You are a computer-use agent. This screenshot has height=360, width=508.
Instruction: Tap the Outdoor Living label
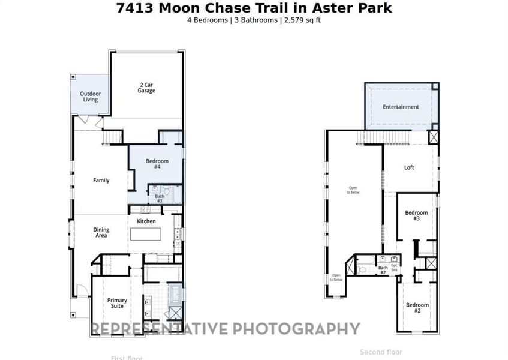90,97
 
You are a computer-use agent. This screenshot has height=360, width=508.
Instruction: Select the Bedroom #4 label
157,164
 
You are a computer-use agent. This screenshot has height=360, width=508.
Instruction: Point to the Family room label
101,180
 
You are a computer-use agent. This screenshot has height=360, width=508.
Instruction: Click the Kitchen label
146,221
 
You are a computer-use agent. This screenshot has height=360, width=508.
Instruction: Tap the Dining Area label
100,232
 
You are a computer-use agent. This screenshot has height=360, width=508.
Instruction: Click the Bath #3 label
160,199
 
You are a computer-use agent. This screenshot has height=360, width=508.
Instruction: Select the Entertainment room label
401,107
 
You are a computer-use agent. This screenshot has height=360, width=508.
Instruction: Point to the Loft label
409,168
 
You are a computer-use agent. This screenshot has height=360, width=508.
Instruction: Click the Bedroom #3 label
416,216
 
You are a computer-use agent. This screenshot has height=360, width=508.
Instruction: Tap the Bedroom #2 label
417,308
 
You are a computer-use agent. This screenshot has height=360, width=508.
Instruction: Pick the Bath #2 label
383,270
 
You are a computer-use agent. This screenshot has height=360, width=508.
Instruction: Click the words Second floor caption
381,352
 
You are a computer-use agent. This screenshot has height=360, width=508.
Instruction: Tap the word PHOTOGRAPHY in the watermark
296,329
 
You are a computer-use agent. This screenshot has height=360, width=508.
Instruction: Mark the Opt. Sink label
394,268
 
